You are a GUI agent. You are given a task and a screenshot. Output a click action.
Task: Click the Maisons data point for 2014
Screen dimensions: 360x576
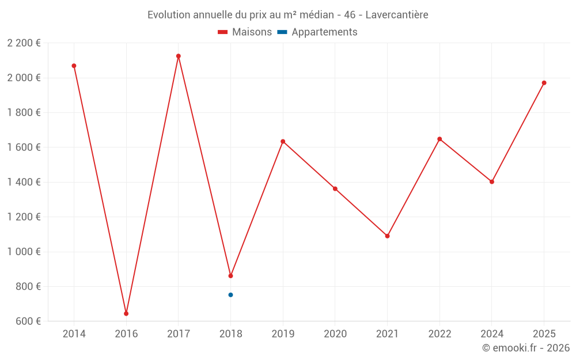pyautogui.click(x=74, y=66)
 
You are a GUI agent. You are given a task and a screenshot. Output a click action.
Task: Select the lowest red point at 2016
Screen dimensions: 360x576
pyautogui.click(x=126, y=313)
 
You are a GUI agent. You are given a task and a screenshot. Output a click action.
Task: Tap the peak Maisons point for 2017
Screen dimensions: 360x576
pyautogui.click(x=179, y=56)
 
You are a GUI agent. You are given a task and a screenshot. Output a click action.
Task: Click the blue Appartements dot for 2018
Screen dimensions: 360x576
pyautogui.click(x=230, y=295)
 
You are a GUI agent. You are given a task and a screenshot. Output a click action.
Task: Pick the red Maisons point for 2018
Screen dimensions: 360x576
pyautogui.click(x=230, y=276)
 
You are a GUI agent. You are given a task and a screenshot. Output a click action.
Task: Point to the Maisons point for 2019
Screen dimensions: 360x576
pyautogui.click(x=283, y=141)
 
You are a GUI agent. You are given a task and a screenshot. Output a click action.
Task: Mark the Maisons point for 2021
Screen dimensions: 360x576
pyautogui.click(x=387, y=236)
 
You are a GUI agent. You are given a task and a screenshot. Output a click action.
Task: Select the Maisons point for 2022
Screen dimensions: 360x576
pyautogui.click(x=439, y=139)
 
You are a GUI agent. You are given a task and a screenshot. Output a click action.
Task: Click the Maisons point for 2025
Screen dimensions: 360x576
pyautogui.click(x=544, y=83)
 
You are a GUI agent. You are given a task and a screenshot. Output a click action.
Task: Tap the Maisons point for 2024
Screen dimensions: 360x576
pyautogui.click(x=492, y=181)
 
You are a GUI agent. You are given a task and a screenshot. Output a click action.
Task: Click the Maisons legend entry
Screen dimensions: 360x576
pyautogui.click(x=245, y=32)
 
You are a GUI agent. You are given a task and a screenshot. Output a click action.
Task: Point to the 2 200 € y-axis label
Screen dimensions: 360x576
pyautogui.click(x=24, y=43)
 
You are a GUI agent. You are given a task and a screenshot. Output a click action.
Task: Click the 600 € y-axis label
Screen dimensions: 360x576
pyautogui.click(x=27, y=321)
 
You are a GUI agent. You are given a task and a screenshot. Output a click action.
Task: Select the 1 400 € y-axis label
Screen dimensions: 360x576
pyautogui.click(x=24, y=182)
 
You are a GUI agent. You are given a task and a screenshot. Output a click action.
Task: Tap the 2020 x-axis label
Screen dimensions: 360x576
pyautogui.click(x=335, y=334)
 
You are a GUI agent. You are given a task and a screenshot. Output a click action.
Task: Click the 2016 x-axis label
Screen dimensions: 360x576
pyautogui.click(x=126, y=334)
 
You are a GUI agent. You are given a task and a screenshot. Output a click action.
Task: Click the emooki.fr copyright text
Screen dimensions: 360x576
pyautogui.click(x=526, y=348)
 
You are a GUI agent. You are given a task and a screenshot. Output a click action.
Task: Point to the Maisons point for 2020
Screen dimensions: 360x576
pyautogui.click(x=335, y=189)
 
